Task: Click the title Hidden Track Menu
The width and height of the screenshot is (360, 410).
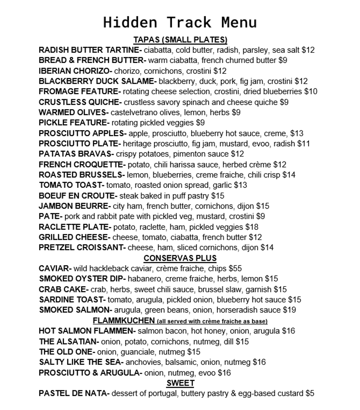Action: [x=180, y=22]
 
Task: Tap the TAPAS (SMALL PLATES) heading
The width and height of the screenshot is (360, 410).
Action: [x=180, y=40]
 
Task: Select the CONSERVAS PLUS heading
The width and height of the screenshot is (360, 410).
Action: [x=180, y=258]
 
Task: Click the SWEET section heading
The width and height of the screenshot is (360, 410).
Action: [x=180, y=383]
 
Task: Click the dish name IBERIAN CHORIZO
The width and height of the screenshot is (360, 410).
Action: [x=75, y=71]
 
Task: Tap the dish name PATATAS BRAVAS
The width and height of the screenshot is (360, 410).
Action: [x=76, y=154]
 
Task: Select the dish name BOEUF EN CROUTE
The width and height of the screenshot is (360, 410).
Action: [x=77, y=196]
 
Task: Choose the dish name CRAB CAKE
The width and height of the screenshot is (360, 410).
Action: [x=63, y=289]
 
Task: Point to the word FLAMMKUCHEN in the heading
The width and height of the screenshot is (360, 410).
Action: [x=124, y=321]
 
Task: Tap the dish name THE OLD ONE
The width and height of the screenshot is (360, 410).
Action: [x=66, y=352]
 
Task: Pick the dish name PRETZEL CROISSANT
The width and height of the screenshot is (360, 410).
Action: [x=82, y=248]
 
